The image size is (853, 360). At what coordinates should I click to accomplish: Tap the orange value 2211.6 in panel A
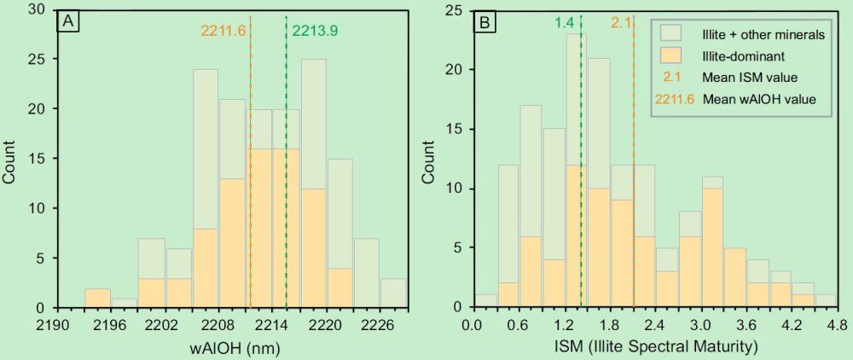(223, 31)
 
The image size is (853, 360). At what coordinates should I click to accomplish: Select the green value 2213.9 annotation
(316, 31)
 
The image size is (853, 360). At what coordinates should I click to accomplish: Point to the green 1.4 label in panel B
(564, 23)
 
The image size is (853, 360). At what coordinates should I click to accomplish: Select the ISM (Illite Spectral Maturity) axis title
(653, 347)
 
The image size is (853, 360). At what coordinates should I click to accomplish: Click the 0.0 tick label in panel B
(471, 324)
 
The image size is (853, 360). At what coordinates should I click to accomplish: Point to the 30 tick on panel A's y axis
(38, 11)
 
